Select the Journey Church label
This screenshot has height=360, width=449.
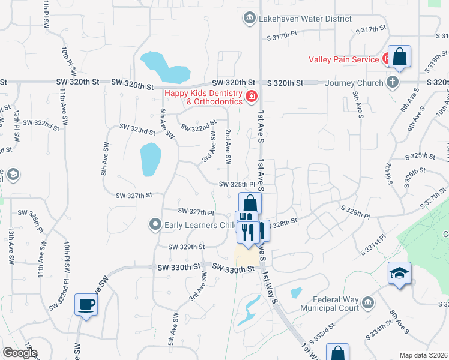point(354,83)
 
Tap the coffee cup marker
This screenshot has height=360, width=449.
point(86,304)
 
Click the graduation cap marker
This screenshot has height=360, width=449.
point(399,274)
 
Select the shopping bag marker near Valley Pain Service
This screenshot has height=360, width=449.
point(399,57)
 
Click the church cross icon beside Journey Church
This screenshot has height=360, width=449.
point(392,82)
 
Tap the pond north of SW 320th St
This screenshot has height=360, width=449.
point(162,67)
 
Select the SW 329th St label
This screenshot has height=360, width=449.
point(186,247)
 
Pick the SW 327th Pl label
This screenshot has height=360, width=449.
point(196,211)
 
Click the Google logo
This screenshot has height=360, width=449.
point(20,353)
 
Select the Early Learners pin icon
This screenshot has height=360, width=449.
point(155,225)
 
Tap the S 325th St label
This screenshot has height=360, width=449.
point(420,155)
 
